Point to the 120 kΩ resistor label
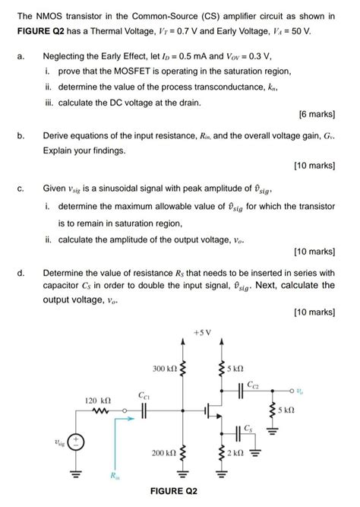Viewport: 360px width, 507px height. [96, 398]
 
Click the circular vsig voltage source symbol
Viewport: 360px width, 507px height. [77, 442]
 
